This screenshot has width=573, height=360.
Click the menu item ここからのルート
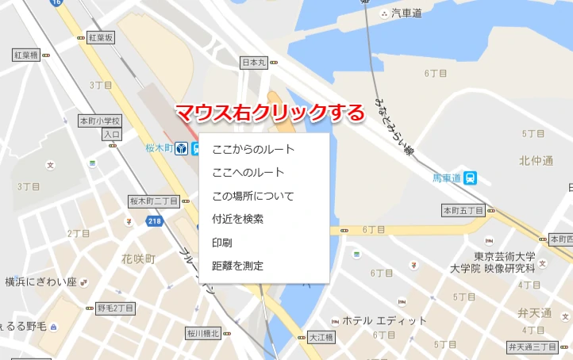point(253,149)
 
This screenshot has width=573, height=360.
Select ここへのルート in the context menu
point(248,172)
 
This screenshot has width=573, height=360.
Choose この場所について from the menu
point(253,196)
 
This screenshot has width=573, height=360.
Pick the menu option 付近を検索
point(238,219)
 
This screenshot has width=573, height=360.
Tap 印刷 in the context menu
point(222,242)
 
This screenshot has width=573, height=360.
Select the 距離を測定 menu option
point(238,266)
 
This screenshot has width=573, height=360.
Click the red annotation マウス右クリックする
point(269,113)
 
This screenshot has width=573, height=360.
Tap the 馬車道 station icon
point(471,178)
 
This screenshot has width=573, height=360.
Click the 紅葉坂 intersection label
point(102,37)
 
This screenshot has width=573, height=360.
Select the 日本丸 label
point(254,62)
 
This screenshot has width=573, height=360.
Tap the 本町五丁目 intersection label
point(463,210)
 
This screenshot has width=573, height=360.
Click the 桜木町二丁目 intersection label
point(154,201)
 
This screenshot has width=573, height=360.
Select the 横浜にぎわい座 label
point(40,281)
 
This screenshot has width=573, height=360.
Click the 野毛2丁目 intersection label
point(116,308)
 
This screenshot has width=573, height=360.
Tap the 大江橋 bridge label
point(321,336)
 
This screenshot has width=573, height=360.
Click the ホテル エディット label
point(384,321)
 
